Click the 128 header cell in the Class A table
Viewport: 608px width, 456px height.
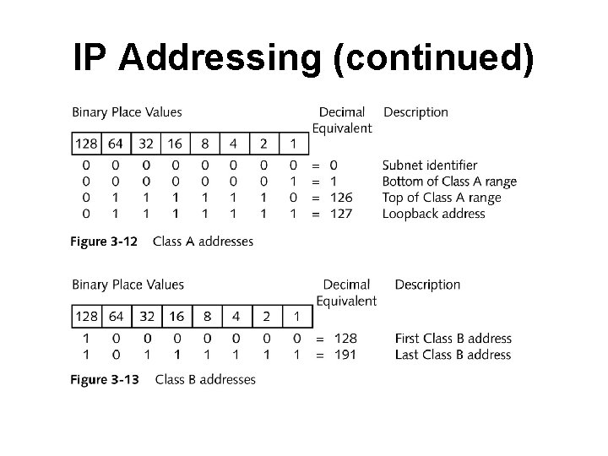coord(86,144)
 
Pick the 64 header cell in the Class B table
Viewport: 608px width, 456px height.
coord(117,317)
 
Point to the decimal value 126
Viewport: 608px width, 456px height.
coord(341,198)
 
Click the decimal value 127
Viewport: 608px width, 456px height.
coord(341,214)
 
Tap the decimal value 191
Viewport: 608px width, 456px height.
coord(345,355)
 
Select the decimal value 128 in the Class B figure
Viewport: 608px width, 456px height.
coord(345,339)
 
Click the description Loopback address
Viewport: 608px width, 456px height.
coord(434,214)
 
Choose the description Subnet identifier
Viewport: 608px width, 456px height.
coord(430,166)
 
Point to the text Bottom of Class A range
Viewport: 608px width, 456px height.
coord(449,182)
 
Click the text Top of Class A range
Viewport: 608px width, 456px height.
coord(442,198)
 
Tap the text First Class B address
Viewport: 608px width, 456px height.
coord(453,339)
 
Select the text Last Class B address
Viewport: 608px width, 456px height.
coord(453,355)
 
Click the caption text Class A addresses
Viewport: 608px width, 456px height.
coord(203,242)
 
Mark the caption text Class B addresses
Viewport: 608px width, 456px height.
coord(205,379)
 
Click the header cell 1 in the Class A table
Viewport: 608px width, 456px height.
coord(293,144)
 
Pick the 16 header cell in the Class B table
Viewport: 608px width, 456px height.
coord(176,317)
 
